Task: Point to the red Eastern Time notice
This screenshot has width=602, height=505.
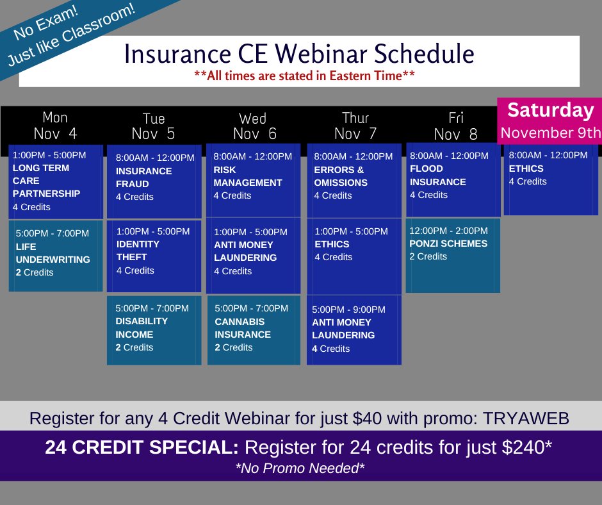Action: (304, 75)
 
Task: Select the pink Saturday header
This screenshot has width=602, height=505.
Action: (550, 120)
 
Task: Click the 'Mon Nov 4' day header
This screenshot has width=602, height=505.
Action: (54, 126)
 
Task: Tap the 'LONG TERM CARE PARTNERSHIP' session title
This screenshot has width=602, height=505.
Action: (46, 181)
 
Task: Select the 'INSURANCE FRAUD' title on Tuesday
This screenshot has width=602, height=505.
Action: (143, 177)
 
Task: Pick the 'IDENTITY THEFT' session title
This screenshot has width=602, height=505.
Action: (138, 251)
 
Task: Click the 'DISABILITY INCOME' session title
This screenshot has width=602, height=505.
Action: (142, 327)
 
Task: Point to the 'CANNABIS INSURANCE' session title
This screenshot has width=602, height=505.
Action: (243, 328)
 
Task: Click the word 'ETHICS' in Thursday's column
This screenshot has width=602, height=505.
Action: (332, 244)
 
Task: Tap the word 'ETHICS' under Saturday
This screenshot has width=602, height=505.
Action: (526, 169)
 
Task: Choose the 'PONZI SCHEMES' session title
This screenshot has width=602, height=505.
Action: (448, 244)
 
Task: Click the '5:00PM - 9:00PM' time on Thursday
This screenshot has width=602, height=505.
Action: (348, 310)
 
